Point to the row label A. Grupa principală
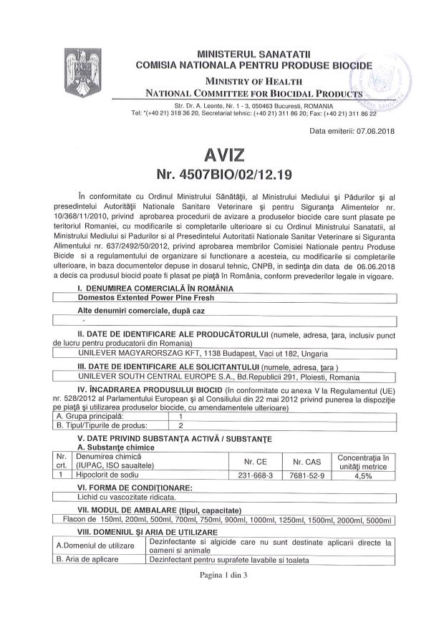[x=90, y=415]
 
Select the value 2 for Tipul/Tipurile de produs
[x=181, y=425]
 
